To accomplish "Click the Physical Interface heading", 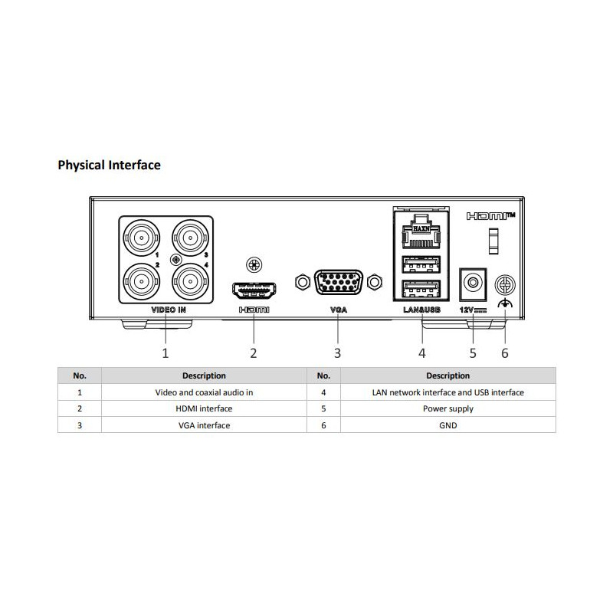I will pos(109,165).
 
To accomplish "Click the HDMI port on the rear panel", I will pos(254,291).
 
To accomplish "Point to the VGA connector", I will pos(337,283).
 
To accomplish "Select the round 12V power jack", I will pos(473,283).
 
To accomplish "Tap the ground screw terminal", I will pos(504,284).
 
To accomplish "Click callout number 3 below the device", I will pos(337,353).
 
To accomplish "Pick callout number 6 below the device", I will pos(504,353).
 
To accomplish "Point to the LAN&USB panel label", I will pos(421,310).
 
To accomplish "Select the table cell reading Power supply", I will pos(448,408).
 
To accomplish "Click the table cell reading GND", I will pos(448,425).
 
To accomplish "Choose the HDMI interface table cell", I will pos(204,408).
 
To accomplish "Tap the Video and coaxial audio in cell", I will pos(204,392).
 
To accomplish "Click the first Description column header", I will pos(204,375).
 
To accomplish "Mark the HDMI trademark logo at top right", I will pos(490,217).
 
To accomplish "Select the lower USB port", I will pos(420,290).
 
